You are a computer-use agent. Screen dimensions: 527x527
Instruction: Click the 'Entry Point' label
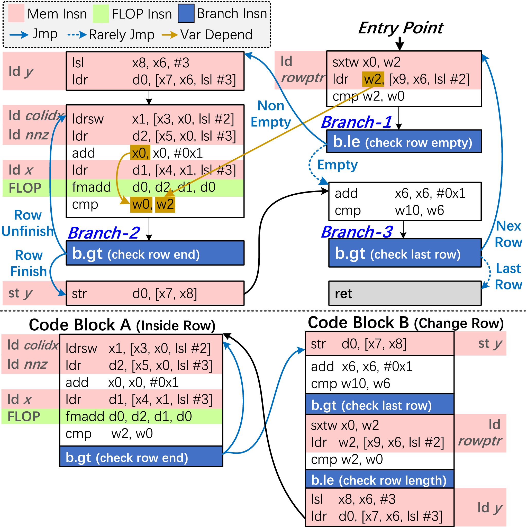pyautogui.click(x=401, y=28)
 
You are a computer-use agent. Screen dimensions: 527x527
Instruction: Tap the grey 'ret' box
pyautogui.click(x=405, y=293)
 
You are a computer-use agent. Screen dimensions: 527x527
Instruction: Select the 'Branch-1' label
pyautogui.click(x=357, y=122)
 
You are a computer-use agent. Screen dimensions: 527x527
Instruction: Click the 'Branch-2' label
pyautogui.click(x=104, y=233)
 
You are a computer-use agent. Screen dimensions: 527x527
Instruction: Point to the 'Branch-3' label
pyautogui.click(x=357, y=232)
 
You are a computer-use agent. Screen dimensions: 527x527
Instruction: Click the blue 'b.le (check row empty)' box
pyautogui.click(x=404, y=142)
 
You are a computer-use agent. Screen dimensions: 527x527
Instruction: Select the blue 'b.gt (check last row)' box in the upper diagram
pyautogui.click(x=405, y=253)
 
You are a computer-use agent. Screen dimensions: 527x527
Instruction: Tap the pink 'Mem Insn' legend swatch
pyautogui.click(x=16, y=13)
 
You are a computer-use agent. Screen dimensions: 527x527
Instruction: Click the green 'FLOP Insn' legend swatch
pyautogui.click(x=101, y=13)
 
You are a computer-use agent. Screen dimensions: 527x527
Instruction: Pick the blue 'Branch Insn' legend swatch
pyautogui.click(x=186, y=13)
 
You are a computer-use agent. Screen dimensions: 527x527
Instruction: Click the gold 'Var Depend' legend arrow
pyautogui.click(x=170, y=35)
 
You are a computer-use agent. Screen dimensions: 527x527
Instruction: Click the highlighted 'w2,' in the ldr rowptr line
pyautogui.click(x=373, y=79)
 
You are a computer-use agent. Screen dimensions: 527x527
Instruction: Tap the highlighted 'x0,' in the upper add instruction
pyautogui.click(x=140, y=153)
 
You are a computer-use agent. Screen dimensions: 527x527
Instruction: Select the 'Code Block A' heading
pyautogui.click(x=122, y=325)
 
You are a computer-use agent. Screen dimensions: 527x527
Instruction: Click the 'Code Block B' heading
pyautogui.click(x=405, y=323)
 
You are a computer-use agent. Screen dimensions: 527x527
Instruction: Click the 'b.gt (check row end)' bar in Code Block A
pyautogui.click(x=141, y=457)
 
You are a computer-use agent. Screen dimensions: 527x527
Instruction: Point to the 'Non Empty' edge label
pyautogui.click(x=271, y=114)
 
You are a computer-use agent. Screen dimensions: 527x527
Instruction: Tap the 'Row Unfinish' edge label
pyautogui.click(x=28, y=223)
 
